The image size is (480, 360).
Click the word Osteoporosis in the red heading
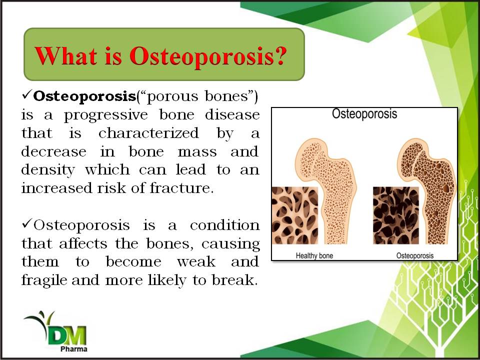tap(201, 56)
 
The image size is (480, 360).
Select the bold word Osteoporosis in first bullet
tap(84, 96)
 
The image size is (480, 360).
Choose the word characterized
tap(149, 133)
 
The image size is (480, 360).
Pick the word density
tap(48, 170)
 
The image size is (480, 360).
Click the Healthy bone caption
tap(314, 255)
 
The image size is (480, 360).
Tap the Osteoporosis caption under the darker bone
tap(415, 255)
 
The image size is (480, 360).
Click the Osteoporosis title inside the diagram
tap(364, 114)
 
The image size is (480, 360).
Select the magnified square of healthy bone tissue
tap(295, 215)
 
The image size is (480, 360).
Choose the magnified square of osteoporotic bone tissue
tap(396, 215)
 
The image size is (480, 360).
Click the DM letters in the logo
tap(67, 335)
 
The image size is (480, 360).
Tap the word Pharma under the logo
tap(74, 349)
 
